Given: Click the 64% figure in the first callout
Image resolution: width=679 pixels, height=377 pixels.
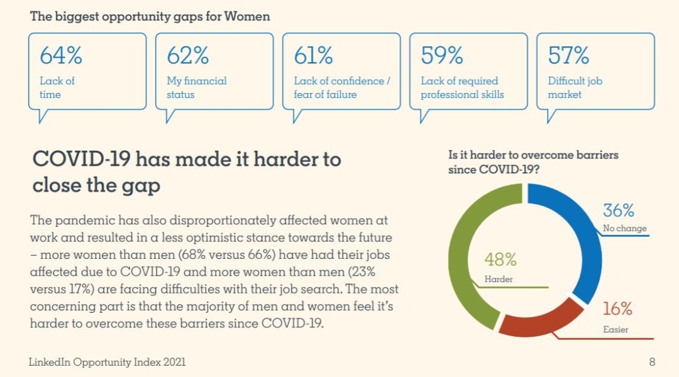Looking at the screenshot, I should coord(61,56).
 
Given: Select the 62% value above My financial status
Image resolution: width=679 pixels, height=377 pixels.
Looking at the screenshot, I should coord(187,56).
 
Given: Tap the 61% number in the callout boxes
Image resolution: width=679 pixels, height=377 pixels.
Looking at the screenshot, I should coord(313,56).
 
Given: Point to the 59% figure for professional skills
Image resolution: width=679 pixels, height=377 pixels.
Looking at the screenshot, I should coord(441,56).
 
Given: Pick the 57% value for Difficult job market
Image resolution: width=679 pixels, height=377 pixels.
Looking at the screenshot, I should coord(568,56).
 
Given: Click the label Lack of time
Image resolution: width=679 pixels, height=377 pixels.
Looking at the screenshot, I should coord(57,87).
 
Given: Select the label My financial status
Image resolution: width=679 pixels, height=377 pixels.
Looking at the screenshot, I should coord(196,87).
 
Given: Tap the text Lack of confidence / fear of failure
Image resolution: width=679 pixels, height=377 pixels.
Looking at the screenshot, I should coord(341,87).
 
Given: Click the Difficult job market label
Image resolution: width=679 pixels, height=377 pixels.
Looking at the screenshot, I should coord(575,87).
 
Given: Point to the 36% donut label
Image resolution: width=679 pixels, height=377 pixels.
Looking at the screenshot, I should coord(619,210).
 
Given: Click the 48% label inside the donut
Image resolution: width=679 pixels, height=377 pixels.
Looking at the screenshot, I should coord(500,259).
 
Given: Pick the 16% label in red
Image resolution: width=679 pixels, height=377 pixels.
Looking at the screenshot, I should coord(617,309).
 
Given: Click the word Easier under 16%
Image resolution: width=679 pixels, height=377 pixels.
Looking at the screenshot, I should coord(616,329).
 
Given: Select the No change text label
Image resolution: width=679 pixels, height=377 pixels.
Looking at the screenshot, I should coord(624,229).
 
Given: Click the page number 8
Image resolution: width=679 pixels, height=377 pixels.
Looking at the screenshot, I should coord(652,362).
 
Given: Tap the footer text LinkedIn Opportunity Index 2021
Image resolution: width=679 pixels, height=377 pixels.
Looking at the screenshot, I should coord(108,362).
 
